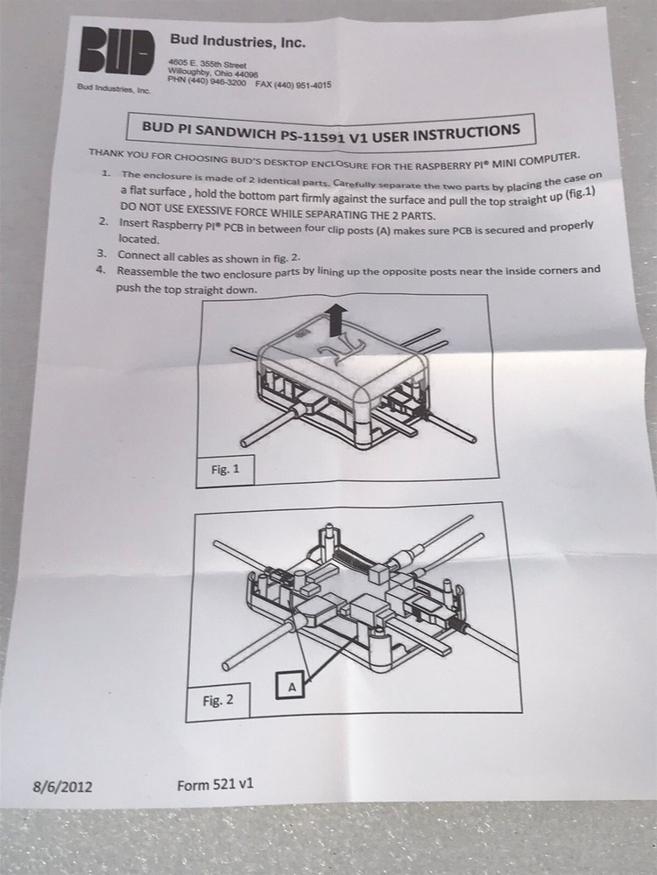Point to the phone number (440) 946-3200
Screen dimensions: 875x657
click(x=207, y=80)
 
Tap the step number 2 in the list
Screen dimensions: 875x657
click(x=104, y=223)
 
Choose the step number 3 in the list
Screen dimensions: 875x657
click(x=102, y=253)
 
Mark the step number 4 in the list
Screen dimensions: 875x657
click(x=102, y=269)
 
